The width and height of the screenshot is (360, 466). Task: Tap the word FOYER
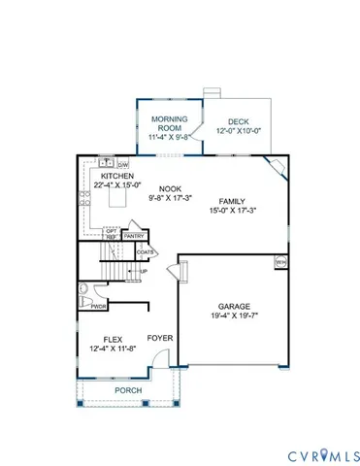tap(160, 338)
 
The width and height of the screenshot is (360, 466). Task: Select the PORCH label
tap(128, 390)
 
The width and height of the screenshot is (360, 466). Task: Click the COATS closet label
tap(146, 251)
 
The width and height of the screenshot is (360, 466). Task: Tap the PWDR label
tap(97, 307)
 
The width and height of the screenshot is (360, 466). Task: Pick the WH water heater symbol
tap(281, 261)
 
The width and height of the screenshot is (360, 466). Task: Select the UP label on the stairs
tap(144, 271)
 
